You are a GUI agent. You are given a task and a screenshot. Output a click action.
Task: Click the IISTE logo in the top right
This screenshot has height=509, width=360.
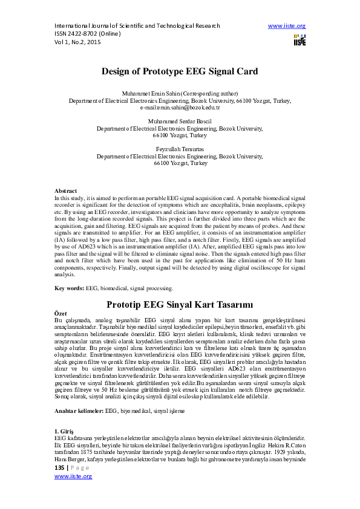(299, 40)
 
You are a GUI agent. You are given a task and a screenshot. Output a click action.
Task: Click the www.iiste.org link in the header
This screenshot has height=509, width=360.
(286, 27)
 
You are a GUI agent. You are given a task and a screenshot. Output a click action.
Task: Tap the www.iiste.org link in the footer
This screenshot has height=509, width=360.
(73, 476)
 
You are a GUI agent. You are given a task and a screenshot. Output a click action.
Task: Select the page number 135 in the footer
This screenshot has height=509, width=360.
(59, 468)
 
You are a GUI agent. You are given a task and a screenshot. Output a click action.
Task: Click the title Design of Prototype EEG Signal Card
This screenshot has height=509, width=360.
(180, 70)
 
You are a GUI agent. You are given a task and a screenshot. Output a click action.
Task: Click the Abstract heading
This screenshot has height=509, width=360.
(66, 190)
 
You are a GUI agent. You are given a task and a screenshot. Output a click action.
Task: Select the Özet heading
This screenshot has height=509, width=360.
(61, 314)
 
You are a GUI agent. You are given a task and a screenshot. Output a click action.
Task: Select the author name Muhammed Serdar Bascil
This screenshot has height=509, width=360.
(180, 121)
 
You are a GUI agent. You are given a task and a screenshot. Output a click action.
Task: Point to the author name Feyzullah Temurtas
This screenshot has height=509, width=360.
(180, 148)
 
